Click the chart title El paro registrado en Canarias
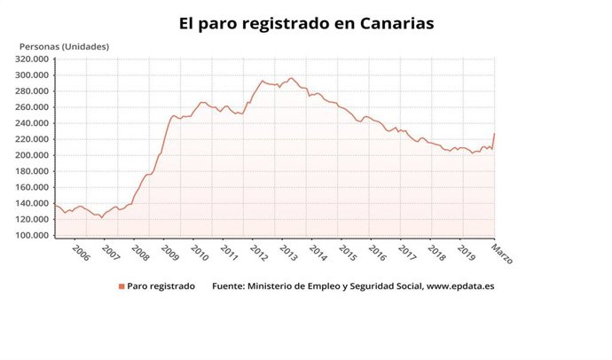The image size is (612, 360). pos(307,23)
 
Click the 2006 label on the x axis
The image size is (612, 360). pos(81,253)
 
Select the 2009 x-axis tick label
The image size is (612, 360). pos(170,253)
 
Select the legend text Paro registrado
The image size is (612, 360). pos(161,286)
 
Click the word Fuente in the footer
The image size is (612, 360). pos(228,286)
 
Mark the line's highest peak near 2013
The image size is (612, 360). pos(291,78)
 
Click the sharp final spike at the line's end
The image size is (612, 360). pos(494,134)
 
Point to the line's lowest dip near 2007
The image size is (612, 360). pos(101,217)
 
